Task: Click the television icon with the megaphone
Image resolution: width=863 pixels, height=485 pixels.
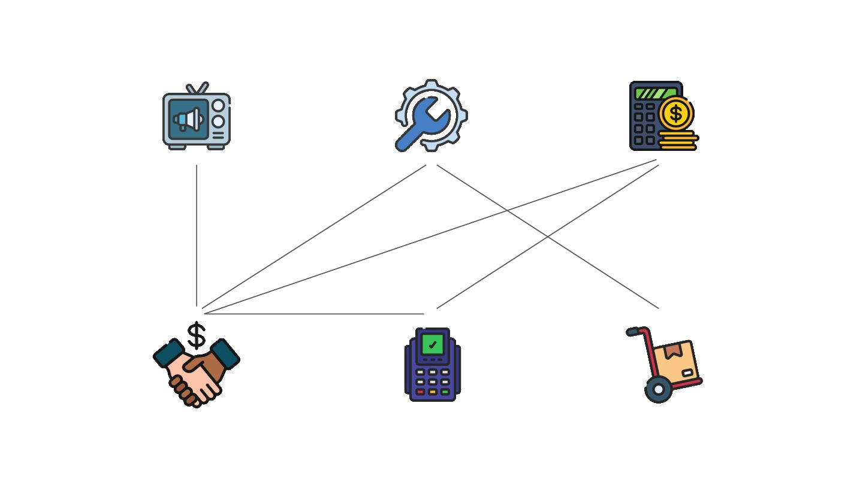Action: coord(196,117)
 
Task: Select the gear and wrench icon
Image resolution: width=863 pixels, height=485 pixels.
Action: coord(431,116)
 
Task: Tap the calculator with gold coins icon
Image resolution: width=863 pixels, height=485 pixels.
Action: coord(663,116)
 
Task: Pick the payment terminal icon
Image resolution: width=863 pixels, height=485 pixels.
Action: coord(432,364)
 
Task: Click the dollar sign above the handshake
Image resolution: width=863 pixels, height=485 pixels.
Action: coord(197,335)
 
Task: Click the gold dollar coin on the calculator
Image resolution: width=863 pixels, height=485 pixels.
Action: coord(676,113)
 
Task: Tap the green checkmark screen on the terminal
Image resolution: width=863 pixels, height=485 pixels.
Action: coord(432,344)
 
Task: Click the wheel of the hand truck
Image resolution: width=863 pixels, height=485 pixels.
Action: coord(658,390)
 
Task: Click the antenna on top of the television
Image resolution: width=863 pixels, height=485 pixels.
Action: coord(197,89)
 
